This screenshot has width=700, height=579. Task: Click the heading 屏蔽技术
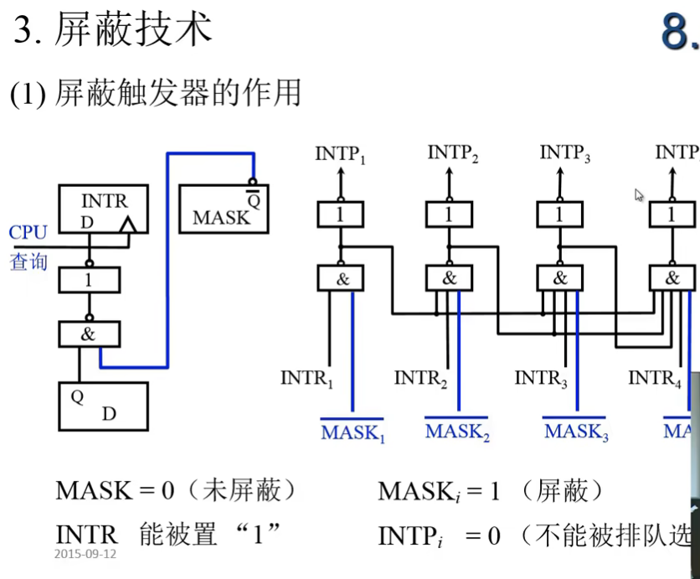(133, 30)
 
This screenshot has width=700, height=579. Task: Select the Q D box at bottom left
(102, 406)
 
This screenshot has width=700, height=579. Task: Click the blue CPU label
(28, 232)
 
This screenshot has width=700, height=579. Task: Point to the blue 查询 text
(28, 261)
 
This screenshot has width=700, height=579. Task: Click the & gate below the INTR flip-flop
(89, 334)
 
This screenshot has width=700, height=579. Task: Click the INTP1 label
(341, 154)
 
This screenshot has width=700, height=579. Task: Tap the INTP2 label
(453, 153)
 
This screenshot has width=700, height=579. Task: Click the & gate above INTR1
(342, 278)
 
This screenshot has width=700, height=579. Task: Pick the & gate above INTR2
(450, 278)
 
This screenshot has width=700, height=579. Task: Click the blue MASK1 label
(353, 433)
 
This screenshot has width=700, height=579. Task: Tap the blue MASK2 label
(457, 432)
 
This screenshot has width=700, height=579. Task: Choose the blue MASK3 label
(576, 432)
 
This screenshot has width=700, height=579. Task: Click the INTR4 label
(654, 379)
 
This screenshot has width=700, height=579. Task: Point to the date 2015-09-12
(86, 554)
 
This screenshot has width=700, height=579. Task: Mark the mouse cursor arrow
(639, 195)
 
